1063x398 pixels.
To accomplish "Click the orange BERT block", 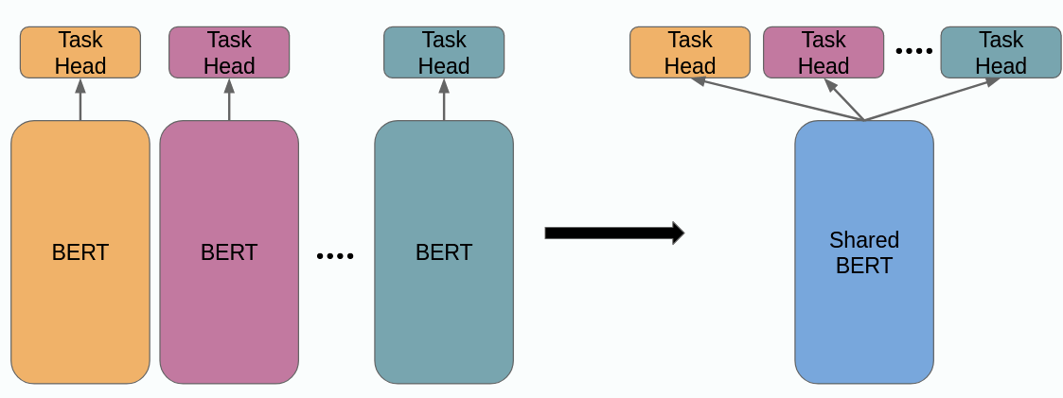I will [x=80, y=252].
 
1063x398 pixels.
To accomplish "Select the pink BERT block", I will [x=229, y=252].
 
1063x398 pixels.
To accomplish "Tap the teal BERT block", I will [x=444, y=252].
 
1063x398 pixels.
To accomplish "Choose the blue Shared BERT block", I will [x=864, y=252].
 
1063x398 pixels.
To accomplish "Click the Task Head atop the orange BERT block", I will [x=80, y=52].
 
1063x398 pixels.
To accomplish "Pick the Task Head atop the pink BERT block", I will [x=229, y=52].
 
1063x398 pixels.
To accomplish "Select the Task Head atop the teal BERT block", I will [x=444, y=52].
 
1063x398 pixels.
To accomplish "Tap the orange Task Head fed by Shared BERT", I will [x=690, y=52].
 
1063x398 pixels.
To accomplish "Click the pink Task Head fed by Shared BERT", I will [x=824, y=52].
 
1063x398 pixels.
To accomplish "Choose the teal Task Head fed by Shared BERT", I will [x=1001, y=52].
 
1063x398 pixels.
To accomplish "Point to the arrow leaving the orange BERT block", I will [x=80, y=99].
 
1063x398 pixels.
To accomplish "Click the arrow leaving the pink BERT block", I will [x=229, y=99].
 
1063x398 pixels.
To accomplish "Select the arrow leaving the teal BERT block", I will [x=444, y=99].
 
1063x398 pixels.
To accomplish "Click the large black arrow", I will [x=613, y=233].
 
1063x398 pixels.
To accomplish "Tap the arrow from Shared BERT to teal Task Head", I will [x=932, y=99].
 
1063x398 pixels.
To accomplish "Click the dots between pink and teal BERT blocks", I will [x=335, y=255].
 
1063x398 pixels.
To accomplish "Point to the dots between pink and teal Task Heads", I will [x=914, y=52].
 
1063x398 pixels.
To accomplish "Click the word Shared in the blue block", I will [x=864, y=240].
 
